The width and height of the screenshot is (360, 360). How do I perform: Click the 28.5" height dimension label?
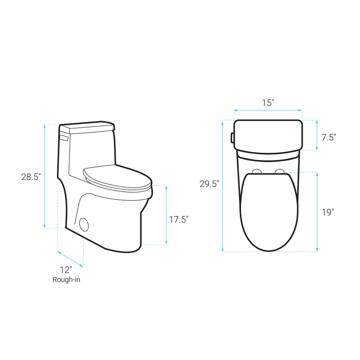tap(31, 177)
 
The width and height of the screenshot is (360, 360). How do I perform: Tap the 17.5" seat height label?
tap(179, 220)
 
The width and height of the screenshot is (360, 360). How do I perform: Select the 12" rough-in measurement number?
tap(66, 270)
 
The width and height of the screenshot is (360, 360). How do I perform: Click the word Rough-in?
tap(66, 279)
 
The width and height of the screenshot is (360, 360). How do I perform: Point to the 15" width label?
tap(268, 103)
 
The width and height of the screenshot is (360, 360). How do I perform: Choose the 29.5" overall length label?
tap(210, 184)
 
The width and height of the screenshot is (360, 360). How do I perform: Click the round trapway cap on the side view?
tap(84, 224)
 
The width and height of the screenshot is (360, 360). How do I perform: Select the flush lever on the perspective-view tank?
tap(64, 138)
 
